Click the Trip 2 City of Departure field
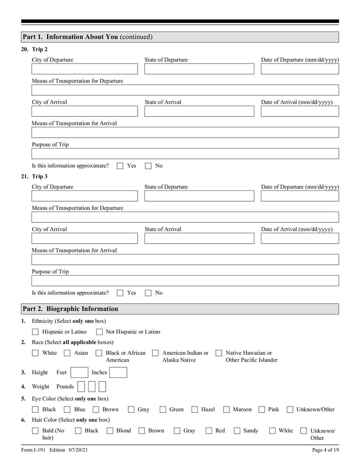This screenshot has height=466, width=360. click(85, 69)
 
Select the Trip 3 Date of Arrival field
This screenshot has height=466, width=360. click(300, 238)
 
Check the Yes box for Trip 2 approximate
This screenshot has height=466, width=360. click(120, 166)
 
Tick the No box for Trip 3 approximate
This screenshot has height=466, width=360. click(148, 293)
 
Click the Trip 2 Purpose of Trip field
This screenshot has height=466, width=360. click(185, 154)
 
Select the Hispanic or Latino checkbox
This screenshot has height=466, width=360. click(36, 332)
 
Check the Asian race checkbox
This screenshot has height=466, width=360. click(67, 353)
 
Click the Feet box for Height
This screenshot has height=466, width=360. click(80, 372)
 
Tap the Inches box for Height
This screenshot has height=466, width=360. click(118, 372)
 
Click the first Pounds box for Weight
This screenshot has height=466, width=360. click(81, 386)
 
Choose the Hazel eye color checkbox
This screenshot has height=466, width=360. click(195, 410)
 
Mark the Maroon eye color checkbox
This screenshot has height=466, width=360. click(227, 410)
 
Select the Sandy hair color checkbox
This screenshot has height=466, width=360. click(237, 431)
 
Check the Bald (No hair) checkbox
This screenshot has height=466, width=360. click(36, 431)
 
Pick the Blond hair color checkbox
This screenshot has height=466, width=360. click(110, 431)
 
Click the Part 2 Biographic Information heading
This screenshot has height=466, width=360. click(71, 309)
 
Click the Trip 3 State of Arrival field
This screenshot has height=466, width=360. click(199, 238)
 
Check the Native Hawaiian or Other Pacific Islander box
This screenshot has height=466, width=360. click(219, 353)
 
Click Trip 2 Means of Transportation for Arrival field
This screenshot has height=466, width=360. click(185, 132)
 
